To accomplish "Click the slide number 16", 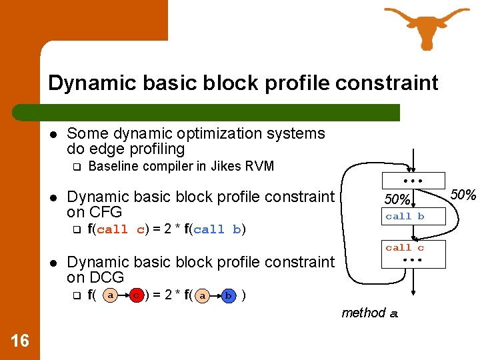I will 20,341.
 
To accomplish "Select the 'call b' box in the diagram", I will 405,216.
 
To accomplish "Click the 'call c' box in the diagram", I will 405,248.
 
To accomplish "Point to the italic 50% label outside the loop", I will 463,195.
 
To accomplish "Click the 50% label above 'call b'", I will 397,199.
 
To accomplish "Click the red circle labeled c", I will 136,295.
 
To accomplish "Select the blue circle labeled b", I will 228,295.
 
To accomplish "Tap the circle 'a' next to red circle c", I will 111,295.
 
